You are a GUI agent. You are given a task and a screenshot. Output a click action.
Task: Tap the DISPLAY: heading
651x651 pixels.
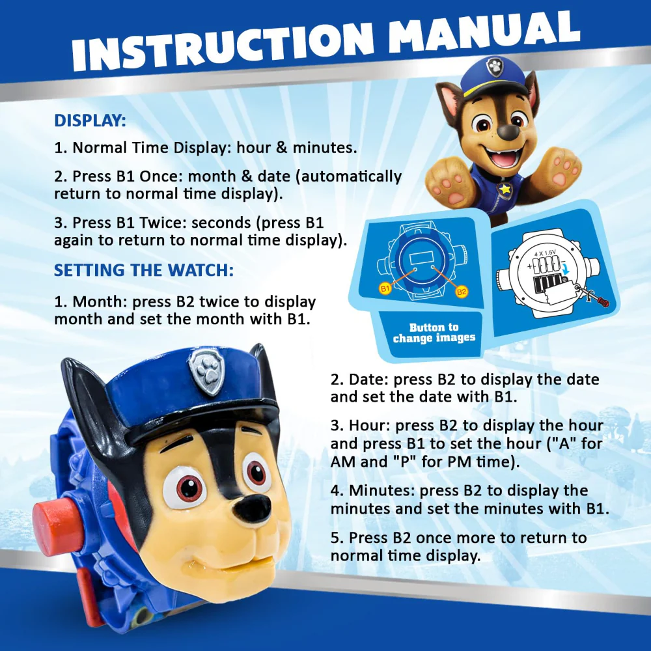(x=90, y=120)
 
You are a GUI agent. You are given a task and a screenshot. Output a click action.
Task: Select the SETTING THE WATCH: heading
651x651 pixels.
(x=144, y=270)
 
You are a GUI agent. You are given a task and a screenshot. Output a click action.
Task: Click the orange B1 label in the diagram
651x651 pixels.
(x=385, y=288)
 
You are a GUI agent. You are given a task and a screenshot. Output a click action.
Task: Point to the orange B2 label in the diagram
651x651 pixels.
(x=462, y=292)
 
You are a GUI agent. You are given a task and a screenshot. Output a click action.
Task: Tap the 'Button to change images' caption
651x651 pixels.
(x=434, y=333)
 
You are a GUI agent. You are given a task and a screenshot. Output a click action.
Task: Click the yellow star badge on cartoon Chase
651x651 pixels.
(x=505, y=189)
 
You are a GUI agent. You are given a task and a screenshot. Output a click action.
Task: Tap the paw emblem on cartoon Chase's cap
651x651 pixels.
(x=495, y=66)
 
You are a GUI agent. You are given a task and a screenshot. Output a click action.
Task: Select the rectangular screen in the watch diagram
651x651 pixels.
(x=421, y=258)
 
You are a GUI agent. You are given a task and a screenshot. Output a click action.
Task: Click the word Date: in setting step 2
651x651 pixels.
(x=368, y=380)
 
